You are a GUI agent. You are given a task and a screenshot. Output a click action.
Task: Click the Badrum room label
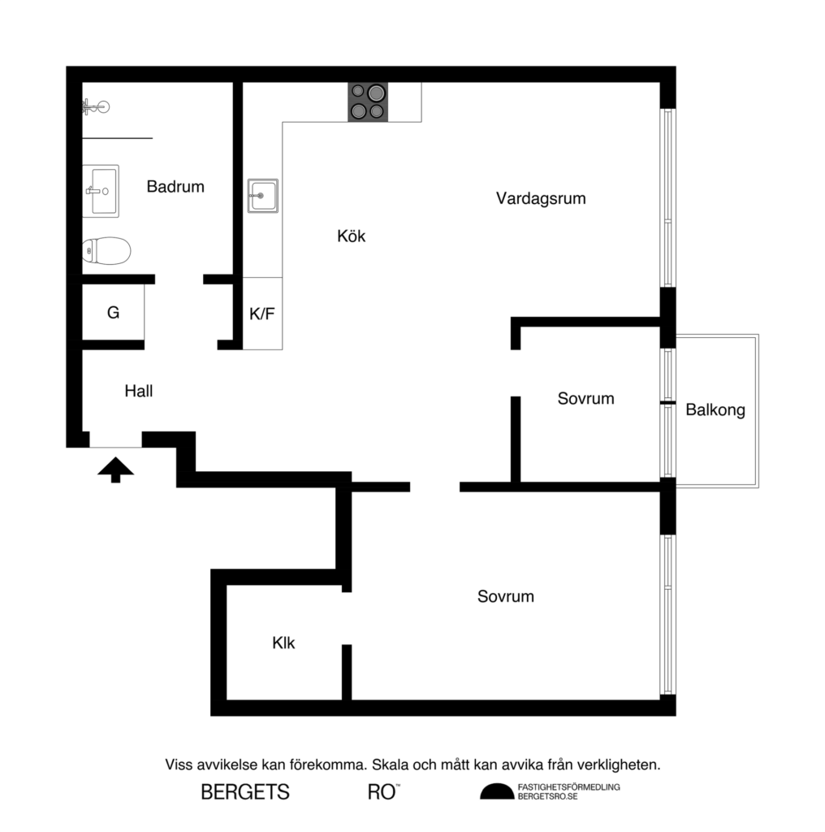click(x=175, y=187)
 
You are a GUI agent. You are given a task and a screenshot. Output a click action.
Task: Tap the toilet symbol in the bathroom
click(x=106, y=251)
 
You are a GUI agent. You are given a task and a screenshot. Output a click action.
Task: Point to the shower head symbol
click(x=96, y=106)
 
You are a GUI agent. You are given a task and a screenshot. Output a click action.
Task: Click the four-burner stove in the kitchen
click(x=367, y=102)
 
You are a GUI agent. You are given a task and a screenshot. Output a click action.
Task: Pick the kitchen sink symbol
click(x=263, y=196)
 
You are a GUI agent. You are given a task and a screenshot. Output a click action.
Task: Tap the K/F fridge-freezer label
click(x=261, y=314)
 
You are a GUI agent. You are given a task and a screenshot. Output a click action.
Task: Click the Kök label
click(x=352, y=236)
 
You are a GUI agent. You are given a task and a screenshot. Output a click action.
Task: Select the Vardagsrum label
click(x=541, y=198)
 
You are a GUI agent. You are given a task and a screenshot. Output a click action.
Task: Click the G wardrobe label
click(x=113, y=313)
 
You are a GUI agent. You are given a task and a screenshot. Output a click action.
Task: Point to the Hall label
click(x=139, y=391)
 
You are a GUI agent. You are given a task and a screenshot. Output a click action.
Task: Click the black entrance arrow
click(x=115, y=469)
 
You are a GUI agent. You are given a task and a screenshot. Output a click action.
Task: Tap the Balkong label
click(x=715, y=410)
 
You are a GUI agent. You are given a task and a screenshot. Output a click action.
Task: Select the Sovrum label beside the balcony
click(x=585, y=399)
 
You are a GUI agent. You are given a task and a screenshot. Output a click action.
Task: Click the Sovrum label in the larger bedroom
click(x=505, y=596)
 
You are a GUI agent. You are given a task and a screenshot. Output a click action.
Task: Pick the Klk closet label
click(x=283, y=643)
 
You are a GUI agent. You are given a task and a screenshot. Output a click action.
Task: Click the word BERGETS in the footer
click(x=245, y=792)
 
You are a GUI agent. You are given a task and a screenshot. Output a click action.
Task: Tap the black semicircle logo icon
click(x=496, y=792)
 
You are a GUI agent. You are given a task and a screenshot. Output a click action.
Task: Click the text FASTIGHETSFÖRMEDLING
click(x=568, y=787)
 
